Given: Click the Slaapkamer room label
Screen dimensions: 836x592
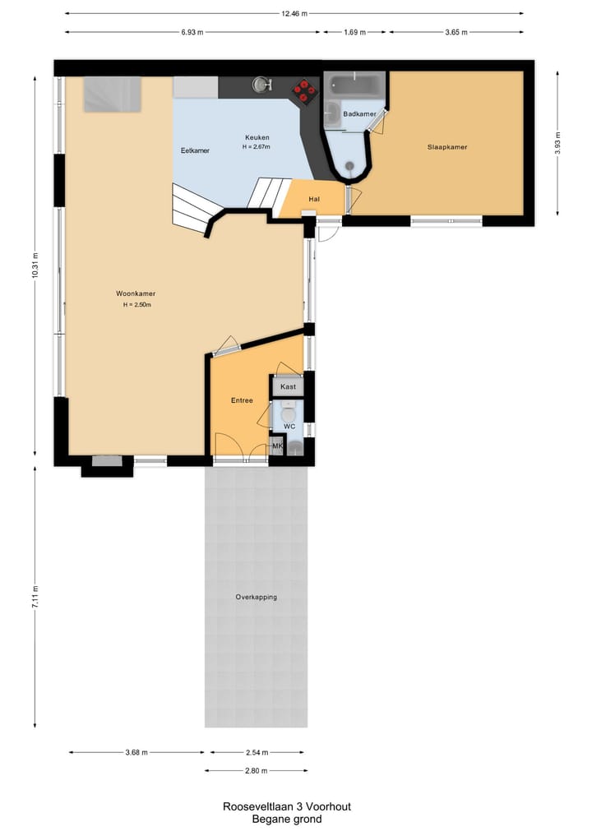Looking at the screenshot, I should tap(446, 147).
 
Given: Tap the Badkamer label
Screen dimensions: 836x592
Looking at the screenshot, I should tap(358, 113).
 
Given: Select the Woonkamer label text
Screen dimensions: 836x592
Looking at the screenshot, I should tap(136, 293).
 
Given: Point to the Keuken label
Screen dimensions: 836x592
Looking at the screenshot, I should tap(257, 137).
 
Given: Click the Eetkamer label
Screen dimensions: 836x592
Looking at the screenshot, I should tap(195, 151).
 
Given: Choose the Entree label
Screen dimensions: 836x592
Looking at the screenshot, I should tap(242, 401).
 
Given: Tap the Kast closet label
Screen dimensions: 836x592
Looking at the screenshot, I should tap(288, 386).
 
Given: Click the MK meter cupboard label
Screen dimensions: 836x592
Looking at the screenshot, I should tap(277, 446).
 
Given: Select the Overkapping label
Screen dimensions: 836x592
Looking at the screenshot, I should tap(256, 597).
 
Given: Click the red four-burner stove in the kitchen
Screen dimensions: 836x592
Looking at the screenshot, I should tap(305, 90).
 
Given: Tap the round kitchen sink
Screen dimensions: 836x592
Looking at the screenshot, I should tap(262, 85).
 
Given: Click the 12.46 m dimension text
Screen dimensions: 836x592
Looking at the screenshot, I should tap(294, 13).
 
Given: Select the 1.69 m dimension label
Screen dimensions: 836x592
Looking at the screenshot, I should tap(354, 32).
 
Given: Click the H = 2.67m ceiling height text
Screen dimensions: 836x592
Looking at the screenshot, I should tap(256, 147).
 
